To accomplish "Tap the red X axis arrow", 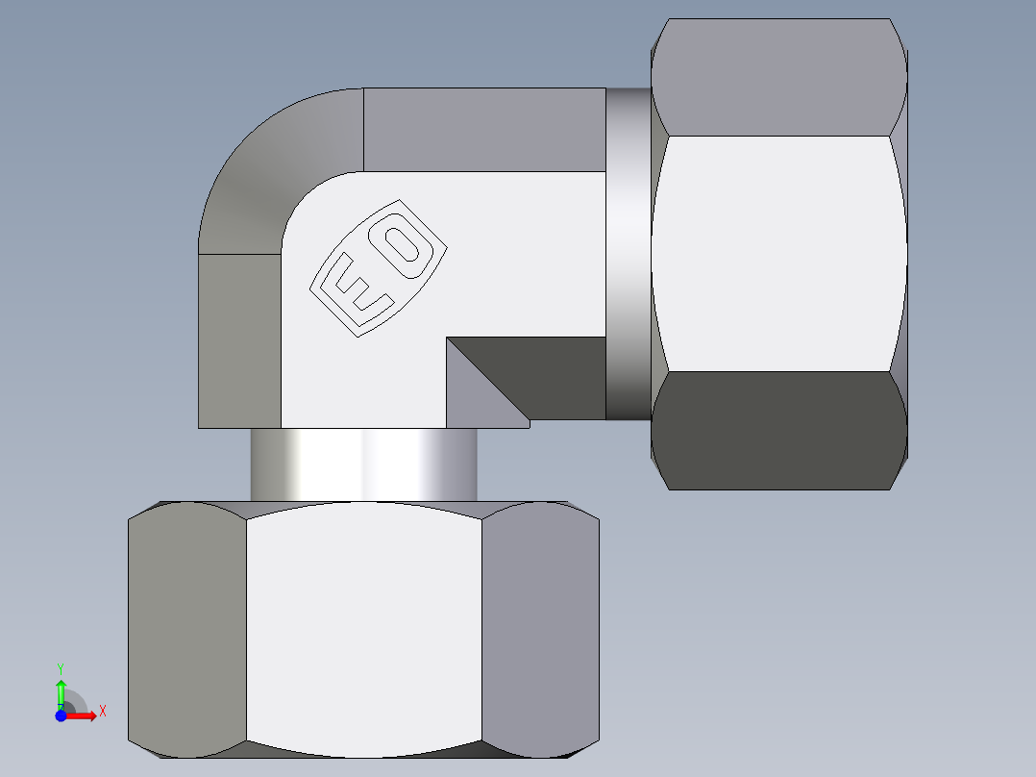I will point(82,715).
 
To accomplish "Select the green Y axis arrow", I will point(61,691).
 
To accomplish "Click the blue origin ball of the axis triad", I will point(61,715).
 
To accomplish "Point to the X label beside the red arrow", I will point(102,711).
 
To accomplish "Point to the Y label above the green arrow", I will point(60,667).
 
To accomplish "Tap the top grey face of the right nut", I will point(778,77).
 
